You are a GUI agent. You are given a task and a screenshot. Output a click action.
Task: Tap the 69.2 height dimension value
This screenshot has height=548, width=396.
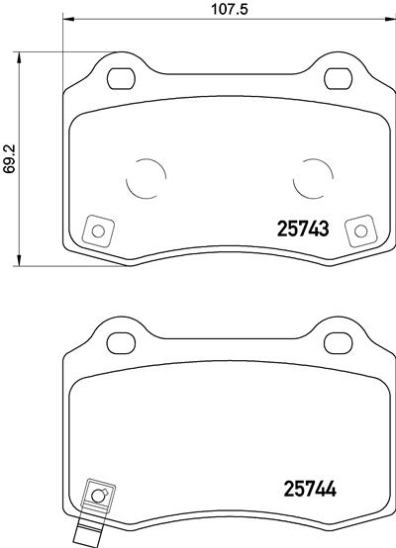tap(10, 158)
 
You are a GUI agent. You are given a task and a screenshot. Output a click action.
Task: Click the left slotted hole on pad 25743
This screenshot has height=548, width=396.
tap(121, 77)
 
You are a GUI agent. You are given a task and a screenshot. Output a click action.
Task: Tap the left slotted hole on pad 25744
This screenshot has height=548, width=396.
tap(121, 341)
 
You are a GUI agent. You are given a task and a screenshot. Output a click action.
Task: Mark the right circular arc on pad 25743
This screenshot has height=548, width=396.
tap(314, 179)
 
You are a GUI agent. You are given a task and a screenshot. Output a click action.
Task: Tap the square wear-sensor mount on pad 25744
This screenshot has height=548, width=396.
tap(98, 495)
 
